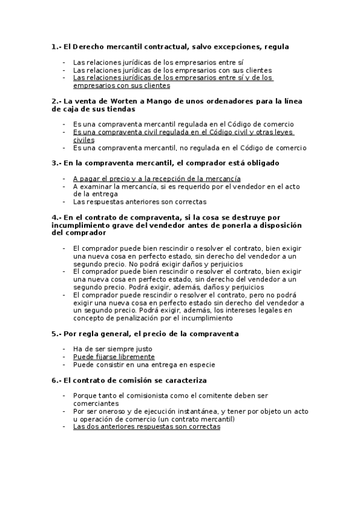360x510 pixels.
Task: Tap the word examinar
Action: pos(96,186)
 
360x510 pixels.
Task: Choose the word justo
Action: pos(140,349)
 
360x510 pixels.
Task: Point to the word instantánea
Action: pos(178,411)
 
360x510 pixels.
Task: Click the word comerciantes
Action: pos(96,404)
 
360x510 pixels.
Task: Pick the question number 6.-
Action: pos(56,380)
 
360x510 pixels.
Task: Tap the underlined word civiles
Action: pos(84,140)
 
